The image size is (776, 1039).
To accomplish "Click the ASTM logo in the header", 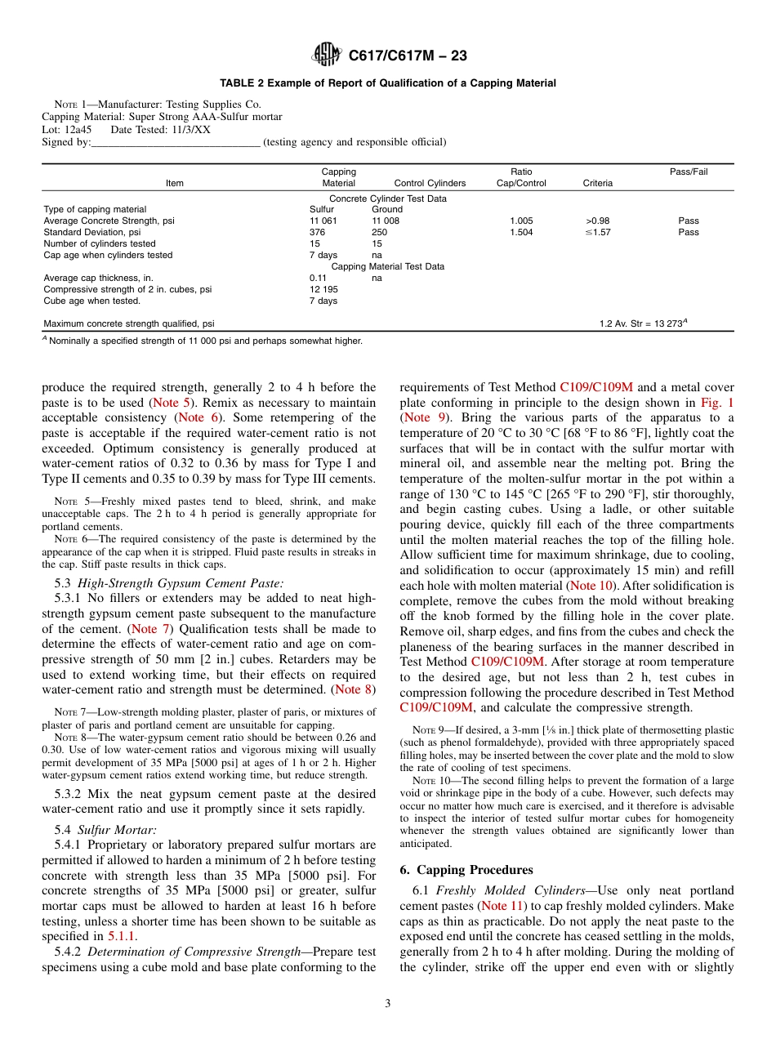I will click(x=327, y=56).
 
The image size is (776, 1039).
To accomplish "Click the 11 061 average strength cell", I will click(x=322, y=221).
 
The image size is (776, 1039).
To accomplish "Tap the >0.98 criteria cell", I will click(x=597, y=221).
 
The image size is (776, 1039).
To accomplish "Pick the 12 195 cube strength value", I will click(x=322, y=289).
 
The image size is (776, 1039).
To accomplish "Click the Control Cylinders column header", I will click(x=430, y=183).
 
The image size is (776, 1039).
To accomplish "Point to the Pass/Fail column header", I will click(x=688, y=172).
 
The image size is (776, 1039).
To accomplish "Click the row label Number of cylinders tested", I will click(x=99, y=243).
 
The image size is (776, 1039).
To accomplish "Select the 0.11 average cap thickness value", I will click(x=317, y=278).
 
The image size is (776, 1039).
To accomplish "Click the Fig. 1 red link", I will click(x=717, y=403).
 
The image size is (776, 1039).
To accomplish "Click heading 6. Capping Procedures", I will click(x=466, y=870).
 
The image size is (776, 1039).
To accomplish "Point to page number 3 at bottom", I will click(x=387, y=1004).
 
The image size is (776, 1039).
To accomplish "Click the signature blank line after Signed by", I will click(x=176, y=142).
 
